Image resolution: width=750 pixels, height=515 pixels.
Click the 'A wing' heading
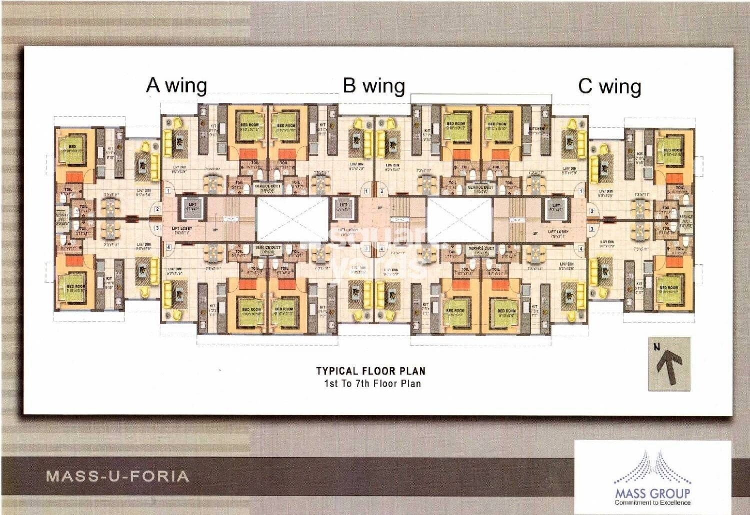click(176, 86)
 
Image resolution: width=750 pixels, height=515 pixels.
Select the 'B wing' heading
click(373, 86)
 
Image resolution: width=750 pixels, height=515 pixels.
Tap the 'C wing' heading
click(609, 86)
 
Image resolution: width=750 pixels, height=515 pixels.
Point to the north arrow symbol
click(669, 364)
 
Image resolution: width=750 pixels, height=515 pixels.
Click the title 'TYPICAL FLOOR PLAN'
click(370, 371)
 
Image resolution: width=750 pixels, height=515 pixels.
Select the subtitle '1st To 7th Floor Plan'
click(372, 384)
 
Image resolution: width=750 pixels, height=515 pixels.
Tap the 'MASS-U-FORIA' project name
click(118, 476)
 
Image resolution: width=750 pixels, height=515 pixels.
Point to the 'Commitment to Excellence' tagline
click(652, 502)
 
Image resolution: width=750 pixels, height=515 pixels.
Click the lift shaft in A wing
click(192, 208)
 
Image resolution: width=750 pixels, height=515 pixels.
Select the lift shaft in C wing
click(556, 208)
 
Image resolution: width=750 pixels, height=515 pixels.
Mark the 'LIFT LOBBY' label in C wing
click(558, 232)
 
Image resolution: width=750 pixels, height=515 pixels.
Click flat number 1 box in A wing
click(168, 191)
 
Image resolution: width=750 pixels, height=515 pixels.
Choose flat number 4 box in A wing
click(168, 247)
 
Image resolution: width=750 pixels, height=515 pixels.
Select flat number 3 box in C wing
click(591, 229)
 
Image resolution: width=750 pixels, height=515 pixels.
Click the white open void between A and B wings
click(292, 219)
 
